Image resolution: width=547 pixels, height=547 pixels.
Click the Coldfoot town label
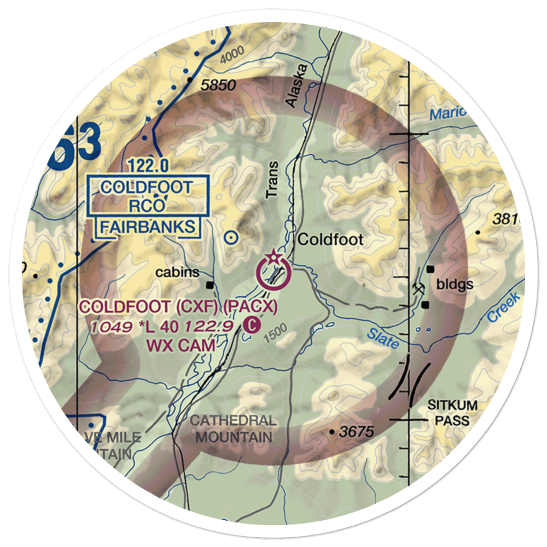click(330, 240)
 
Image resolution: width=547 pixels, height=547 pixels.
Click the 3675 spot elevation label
click(356, 432)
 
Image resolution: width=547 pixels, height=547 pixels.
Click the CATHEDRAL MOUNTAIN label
click(234, 429)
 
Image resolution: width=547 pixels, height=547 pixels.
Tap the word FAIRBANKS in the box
click(146, 226)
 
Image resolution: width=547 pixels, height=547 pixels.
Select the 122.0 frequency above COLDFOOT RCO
click(149, 164)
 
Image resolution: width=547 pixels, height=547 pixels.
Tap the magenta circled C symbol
click(251, 325)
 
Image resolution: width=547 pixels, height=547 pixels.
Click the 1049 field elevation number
click(112, 327)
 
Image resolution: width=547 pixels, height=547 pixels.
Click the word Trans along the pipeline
click(272, 180)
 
